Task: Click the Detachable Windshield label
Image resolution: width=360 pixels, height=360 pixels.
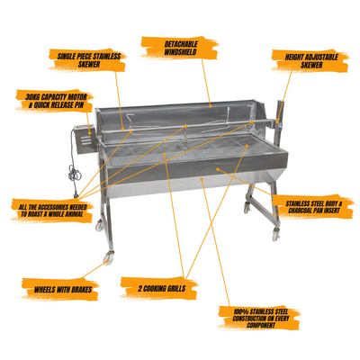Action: (x=180, y=48)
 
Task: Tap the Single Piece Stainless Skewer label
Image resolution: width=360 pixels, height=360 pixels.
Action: (x=89, y=60)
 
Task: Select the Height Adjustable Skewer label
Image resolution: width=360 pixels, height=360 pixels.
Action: (x=311, y=61)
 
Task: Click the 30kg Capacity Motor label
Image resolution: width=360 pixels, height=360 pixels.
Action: (x=56, y=101)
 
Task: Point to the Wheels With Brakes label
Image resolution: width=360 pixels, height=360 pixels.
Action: (x=61, y=290)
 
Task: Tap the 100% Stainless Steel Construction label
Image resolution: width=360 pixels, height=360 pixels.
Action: (x=260, y=318)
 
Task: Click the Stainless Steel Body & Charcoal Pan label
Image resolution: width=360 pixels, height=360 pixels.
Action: (x=313, y=207)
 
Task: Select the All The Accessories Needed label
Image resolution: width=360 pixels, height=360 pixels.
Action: (x=52, y=211)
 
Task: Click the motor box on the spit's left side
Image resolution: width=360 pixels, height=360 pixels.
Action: (x=85, y=139)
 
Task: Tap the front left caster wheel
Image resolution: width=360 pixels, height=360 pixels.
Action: (x=107, y=258)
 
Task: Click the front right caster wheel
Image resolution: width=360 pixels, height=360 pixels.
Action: (x=275, y=234)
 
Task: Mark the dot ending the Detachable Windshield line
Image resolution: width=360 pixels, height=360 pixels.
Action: (x=211, y=105)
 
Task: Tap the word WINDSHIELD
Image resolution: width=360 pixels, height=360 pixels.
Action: (x=180, y=51)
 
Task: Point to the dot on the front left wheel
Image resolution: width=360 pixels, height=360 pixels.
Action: (x=108, y=262)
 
